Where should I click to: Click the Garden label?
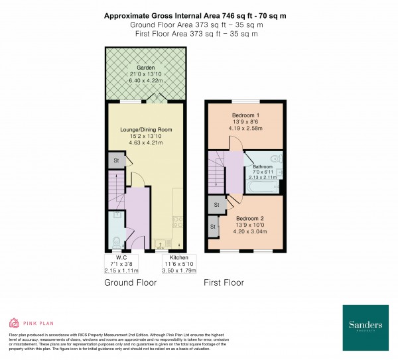tap(145, 68)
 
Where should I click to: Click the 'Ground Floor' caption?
tap(131, 282)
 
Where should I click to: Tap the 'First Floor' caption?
tap(224, 282)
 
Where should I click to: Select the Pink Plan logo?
tap(29, 323)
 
